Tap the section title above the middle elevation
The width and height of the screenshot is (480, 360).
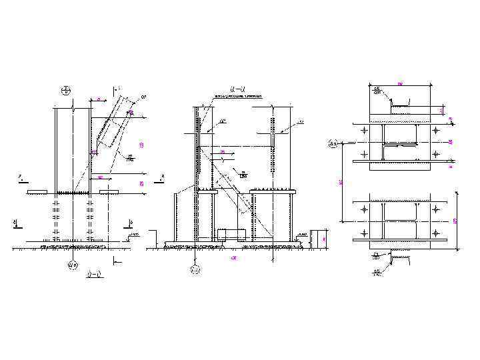[237, 89]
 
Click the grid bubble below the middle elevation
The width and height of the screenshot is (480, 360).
[195, 270]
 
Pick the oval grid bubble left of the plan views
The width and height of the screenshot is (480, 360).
[333, 143]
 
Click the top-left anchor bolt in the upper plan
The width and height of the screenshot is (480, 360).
[363, 131]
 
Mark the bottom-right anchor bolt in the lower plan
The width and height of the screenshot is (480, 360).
[436, 233]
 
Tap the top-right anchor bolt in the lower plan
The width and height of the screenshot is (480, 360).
[436, 209]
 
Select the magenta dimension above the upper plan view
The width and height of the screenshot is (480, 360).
[400, 83]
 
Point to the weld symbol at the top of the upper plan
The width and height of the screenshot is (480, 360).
[377, 90]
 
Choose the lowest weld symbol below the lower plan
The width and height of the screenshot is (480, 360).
[377, 271]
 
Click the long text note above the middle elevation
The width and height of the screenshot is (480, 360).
[237, 97]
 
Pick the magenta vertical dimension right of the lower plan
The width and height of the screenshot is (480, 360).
[455, 221]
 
